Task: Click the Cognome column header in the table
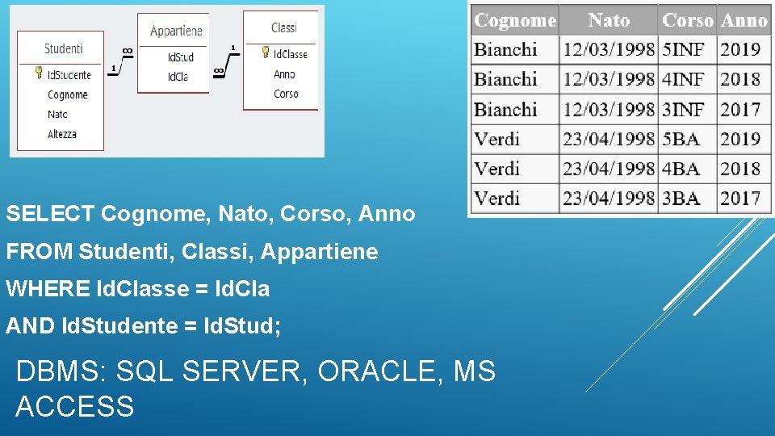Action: click(515, 20)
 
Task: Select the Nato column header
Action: click(609, 20)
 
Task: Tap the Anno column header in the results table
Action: click(744, 20)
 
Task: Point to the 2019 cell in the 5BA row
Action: click(740, 139)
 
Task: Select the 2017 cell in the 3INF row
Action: click(740, 109)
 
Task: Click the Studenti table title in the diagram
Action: click(64, 48)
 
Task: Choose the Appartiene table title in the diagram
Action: click(176, 31)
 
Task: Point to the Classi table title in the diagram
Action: click(284, 27)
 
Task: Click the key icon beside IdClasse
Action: click(265, 52)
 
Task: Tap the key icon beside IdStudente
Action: click(38, 73)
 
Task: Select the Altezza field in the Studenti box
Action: click(62, 134)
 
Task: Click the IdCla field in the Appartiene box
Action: click(178, 77)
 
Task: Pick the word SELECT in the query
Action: click(50, 214)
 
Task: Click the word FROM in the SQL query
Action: click(39, 252)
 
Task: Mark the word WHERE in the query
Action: click(47, 289)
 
